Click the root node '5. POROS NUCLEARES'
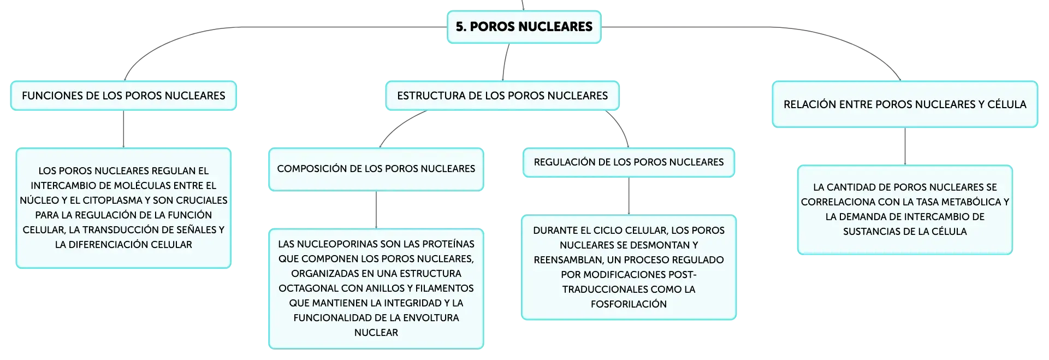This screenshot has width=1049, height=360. point(524,27)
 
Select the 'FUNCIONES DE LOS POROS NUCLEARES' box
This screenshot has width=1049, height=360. point(123,96)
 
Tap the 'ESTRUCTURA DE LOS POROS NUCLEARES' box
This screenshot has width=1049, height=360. point(502,96)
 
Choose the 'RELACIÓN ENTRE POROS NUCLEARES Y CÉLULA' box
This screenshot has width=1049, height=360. point(905,104)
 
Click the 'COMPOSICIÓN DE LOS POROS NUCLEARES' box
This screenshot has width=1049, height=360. point(376,169)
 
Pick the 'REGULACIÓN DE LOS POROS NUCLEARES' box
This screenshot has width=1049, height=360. point(629,162)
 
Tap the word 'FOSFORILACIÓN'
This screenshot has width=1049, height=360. point(629,304)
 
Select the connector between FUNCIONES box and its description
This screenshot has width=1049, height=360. point(123,129)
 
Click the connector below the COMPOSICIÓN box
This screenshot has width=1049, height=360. point(376,210)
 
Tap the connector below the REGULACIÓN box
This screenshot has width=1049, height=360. point(629,196)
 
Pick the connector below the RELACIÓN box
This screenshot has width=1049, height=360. point(905,146)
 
